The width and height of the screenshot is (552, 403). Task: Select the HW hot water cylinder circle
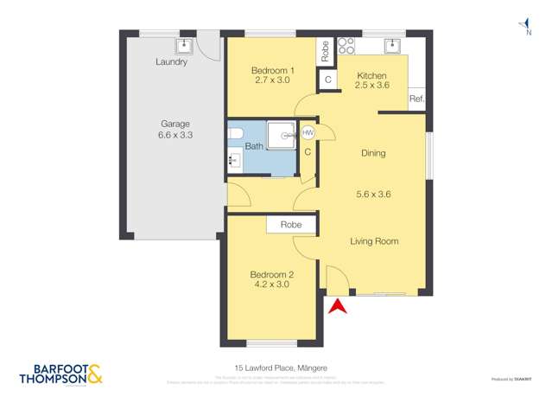click(x=308, y=132)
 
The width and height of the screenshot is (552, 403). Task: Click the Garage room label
click(x=174, y=124)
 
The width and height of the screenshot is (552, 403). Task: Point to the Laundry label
click(x=171, y=62)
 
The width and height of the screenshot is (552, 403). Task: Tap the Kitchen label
click(x=371, y=76)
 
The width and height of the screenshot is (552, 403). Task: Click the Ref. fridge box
click(x=416, y=99)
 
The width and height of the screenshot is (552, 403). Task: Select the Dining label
click(x=373, y=153)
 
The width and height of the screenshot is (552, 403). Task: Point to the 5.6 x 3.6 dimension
click(x=373, y=195)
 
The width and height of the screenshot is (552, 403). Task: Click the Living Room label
click(x=374, y=241)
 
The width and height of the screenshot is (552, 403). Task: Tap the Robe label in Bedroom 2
click(x=290, y=225)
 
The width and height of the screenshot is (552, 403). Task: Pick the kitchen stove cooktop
click(x=346, y=45)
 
